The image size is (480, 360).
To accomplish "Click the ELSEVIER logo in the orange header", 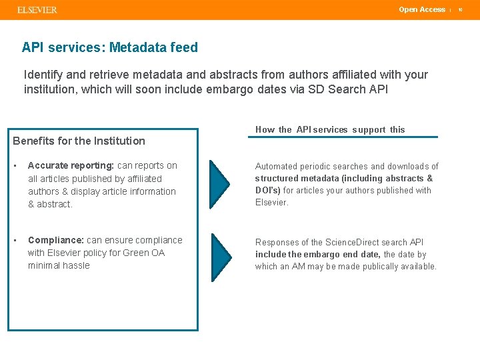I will coord(37,10).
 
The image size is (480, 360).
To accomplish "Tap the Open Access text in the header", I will coord(421,9).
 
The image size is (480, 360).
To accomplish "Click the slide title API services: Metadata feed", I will coord(110,47).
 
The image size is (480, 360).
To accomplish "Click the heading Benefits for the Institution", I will coord(79,141).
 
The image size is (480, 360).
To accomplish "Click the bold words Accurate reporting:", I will coord(71,165).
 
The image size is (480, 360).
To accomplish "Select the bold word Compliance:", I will coord(56,240).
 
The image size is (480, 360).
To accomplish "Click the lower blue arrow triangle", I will coord(219,257).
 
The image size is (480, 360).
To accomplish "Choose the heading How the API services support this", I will coord(330,129).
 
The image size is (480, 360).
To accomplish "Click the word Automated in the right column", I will coord(276,166).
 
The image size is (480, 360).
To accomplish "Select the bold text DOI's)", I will coord(268,190).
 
